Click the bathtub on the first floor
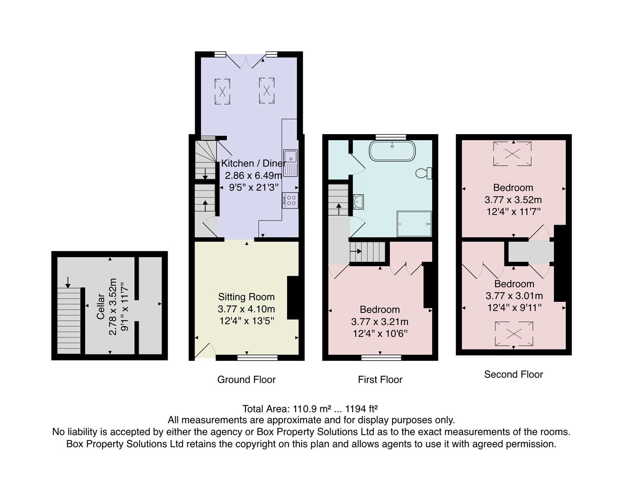[392, 151]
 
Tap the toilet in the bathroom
[423, 173]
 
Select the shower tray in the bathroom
[414, 224]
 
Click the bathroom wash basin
[358, 202]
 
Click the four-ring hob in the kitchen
[291, 200]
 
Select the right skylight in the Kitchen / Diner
[266, 91]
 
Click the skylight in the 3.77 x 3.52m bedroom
[513, 154]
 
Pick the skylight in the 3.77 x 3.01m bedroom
[514, 334]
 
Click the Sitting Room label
[246, 297]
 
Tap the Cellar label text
[101, 306]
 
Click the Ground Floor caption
[246, 380]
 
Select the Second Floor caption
[513, 374]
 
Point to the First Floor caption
[380, 380]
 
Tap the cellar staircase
[69, 320]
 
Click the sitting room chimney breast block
[293, 297]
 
